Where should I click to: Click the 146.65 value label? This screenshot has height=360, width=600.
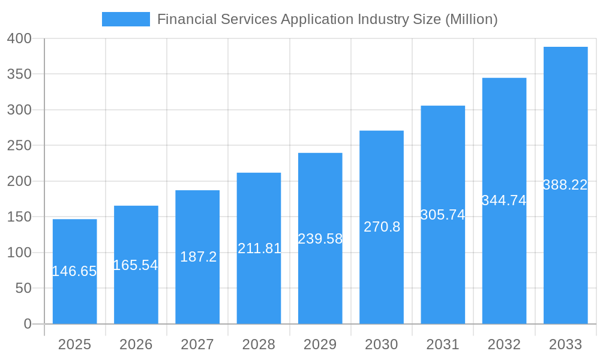pyautogui.click(x=74, y=271)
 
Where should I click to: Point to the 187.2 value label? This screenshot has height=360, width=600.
pyautogui.click(x=198, y=257)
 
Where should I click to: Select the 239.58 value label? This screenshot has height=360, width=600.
pyautogui.click(x=320, y=239)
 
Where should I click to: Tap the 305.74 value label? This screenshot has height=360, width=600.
pyautogui.click(x=443, y=215)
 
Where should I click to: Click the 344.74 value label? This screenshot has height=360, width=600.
pyautogui.click(x=504, y=200)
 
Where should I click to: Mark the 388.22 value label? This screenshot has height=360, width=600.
pyautogui.click(x=565, y=185)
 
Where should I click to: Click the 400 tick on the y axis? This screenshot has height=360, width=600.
pyautogui.click(x=19, y=38)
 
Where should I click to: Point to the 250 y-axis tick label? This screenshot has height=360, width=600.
pyautogui.click(x=19, y=146)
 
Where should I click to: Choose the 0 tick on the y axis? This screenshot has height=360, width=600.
pyautogui.click(x=28, y=324)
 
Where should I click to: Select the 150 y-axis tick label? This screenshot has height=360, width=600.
pyautogui.click(x=19, y=217)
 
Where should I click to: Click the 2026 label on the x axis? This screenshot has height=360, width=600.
pyautogui.click(x=136, y=344)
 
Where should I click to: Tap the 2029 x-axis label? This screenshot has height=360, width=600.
pyautogui.click(x=320, y=344)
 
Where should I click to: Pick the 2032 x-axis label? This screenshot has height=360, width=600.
pyautogui.click(x=504, y=344)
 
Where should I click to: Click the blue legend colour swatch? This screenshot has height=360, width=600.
pyautogui.click(x=126, y=19)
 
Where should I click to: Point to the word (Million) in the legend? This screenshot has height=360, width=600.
pyautogui.click(x=471, y=19)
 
